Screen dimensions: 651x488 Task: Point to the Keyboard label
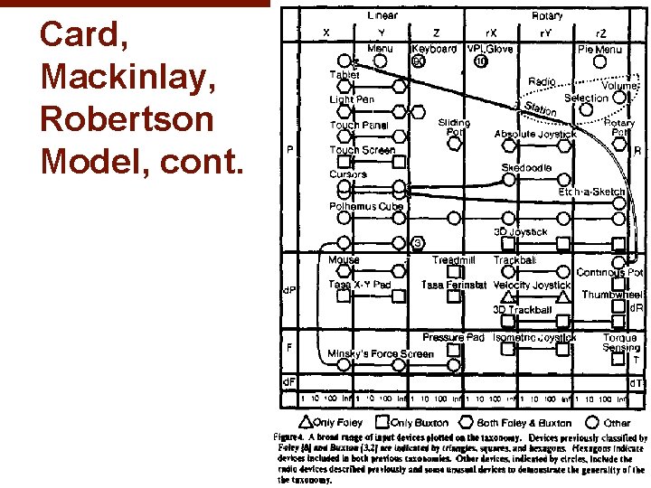[434, 49]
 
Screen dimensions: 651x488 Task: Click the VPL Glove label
[490, 49]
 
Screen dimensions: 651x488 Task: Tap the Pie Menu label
[599, 50]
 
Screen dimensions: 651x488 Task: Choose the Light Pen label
[353, 99]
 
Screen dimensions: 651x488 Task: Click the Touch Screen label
[362, 150]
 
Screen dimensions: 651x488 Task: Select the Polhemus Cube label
[365, 207]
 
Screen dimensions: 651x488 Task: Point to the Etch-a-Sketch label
[591, 192]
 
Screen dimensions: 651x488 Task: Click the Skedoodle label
[525, 168]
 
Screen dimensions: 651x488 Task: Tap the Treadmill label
[453, 260]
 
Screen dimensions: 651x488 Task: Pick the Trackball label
[514, 260]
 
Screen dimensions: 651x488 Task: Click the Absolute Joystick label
[535, 134]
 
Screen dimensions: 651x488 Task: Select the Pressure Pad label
[453, 338]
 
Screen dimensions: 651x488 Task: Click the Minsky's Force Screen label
[381, 353]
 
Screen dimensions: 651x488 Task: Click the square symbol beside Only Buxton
[383, 421]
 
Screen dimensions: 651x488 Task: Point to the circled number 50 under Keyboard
[418, 61]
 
